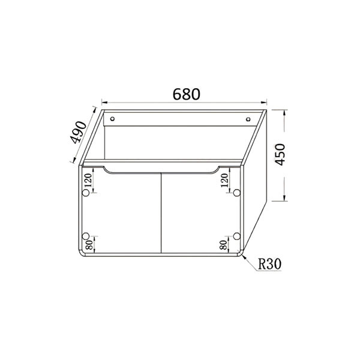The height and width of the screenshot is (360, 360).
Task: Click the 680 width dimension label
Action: [x=186, y=94]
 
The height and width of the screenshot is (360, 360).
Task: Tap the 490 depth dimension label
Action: [x=78, y=132]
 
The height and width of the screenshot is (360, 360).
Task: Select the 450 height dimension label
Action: [x=280, y=155]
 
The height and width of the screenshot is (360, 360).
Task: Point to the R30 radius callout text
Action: [x=269, y=264]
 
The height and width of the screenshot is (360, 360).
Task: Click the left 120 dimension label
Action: [x=88, y=181]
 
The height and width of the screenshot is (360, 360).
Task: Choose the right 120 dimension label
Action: [x=224, y=181]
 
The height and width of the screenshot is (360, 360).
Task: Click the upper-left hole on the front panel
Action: [x=86, y=193]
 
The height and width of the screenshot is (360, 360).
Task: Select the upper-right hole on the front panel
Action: [x=237, y=193]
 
